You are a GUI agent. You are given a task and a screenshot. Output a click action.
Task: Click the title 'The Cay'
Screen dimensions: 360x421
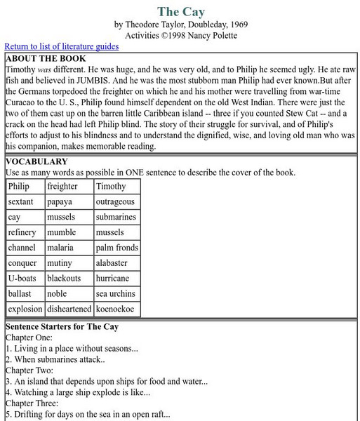coord(180,11)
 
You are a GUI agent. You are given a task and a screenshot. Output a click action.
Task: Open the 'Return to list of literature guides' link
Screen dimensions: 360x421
coord(62,46)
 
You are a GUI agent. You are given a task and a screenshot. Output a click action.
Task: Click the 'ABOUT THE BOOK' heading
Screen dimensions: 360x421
coord(46,59)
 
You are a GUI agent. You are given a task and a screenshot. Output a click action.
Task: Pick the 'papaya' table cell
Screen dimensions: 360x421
coord(60,201)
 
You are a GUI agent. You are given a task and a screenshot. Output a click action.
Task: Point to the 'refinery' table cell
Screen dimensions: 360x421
coord(22,232)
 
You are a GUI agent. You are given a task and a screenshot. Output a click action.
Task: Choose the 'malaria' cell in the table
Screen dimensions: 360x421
coord(60,248)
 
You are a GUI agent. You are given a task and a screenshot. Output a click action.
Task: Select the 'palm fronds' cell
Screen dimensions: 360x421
coord(117,248)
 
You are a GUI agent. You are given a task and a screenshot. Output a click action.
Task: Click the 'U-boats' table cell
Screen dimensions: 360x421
coord(22,279)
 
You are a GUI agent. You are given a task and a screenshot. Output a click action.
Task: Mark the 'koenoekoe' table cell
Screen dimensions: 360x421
coord(115,309)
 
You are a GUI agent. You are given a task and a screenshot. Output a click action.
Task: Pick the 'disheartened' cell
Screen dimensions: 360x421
coord(69,309)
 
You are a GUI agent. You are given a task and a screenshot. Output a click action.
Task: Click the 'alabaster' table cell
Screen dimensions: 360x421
coord(112,263)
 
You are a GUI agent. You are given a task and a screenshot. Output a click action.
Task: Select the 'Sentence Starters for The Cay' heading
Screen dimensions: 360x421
coord(62,327)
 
